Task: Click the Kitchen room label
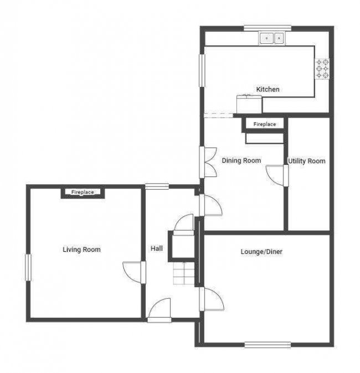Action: pos(268,89)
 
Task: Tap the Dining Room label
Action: pos(241,160)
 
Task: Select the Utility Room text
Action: pos(306,161)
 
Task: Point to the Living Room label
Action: pos(81,250)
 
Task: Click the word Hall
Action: pos(157,249)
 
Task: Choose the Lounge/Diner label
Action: pos(261,252)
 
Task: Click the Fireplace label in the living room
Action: pos(82,192)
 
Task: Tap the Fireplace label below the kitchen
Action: pos(264,125)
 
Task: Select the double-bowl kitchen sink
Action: pos(272,38)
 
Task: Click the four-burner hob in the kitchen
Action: pos(322,68)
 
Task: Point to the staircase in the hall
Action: pos(183,273)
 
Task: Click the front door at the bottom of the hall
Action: pos(160,310)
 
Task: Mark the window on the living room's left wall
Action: pos(28,271)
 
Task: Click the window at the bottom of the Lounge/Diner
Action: pos(268,345)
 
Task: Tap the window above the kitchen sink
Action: pos(268,28)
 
